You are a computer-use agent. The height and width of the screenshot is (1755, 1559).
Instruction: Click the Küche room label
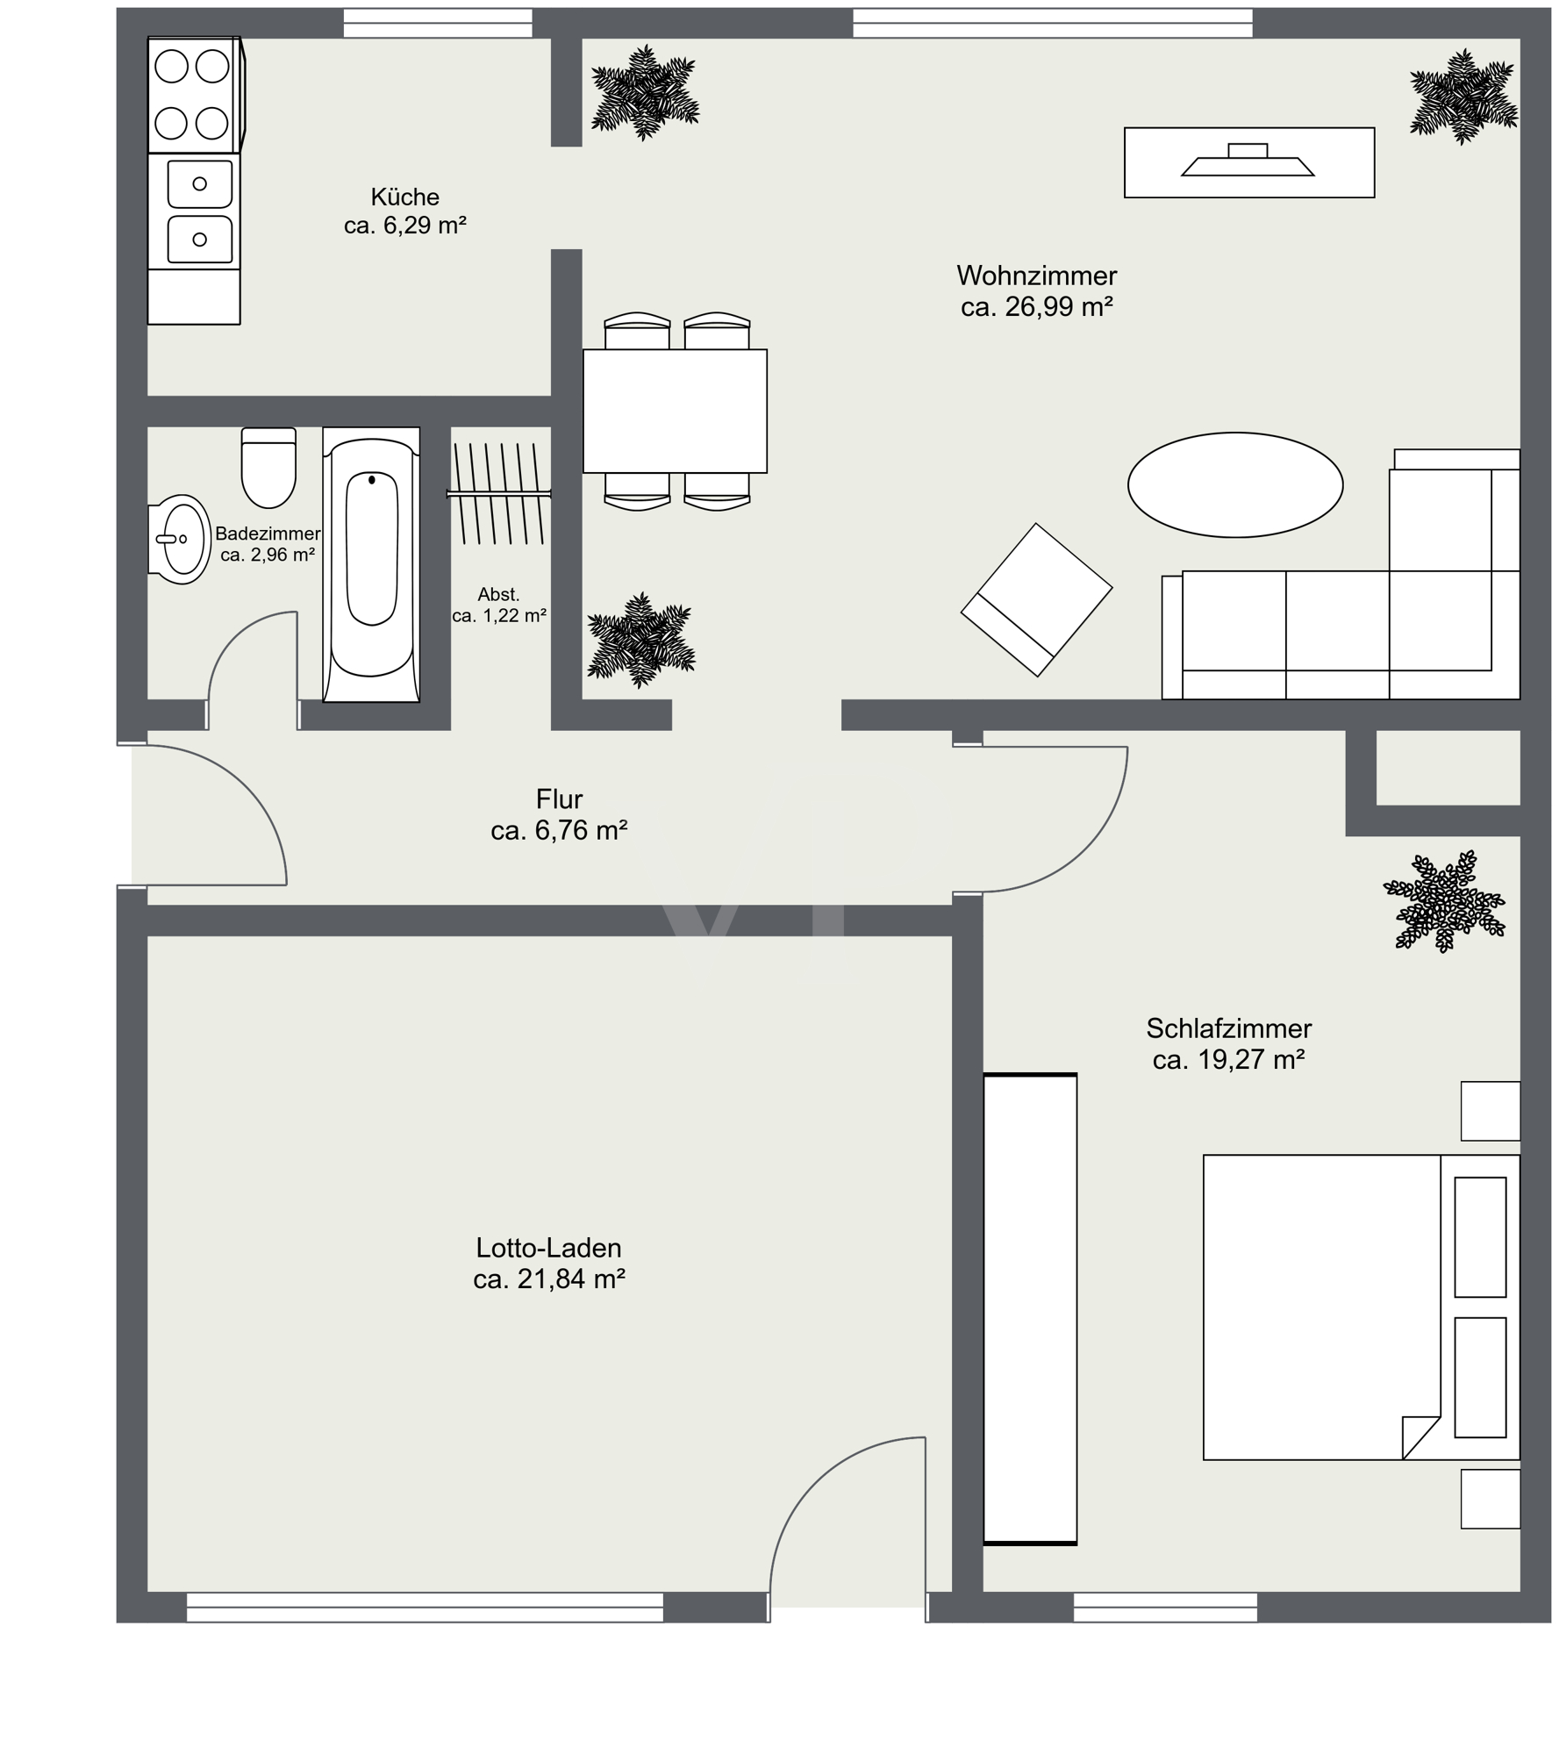[404, 197]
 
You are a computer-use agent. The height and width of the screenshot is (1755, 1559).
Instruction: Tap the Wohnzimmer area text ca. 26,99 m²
[1036, 307]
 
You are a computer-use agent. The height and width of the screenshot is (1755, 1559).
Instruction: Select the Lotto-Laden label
[548, 1247]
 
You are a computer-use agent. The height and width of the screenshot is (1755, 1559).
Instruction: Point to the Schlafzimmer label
[1228, 1028]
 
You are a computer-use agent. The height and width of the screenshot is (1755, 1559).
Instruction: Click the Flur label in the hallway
[559, 799]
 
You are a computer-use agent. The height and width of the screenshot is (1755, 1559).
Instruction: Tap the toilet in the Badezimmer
[268, 468]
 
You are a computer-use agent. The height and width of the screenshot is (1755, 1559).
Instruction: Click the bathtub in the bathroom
[371, 564]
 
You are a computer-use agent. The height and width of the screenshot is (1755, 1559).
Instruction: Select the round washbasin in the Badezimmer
[180, 540]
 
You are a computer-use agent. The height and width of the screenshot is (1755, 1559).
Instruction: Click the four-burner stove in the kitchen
[194, 95]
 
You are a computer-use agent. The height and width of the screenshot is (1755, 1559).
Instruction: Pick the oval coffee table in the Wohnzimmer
[1234, 484]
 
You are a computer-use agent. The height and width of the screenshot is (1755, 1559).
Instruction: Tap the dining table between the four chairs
[675, 412]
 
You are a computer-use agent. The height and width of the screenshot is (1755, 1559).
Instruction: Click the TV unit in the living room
[1248, 162]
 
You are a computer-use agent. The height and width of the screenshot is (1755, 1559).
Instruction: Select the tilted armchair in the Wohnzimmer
[1036, 600]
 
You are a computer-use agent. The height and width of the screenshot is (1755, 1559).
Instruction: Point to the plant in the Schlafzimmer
[1443, 901]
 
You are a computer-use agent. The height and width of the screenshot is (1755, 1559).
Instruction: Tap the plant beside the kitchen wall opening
[645, 93]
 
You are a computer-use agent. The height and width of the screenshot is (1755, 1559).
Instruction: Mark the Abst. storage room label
[498, 594]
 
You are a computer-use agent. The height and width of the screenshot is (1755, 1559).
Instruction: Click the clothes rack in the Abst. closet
[498, 493]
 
